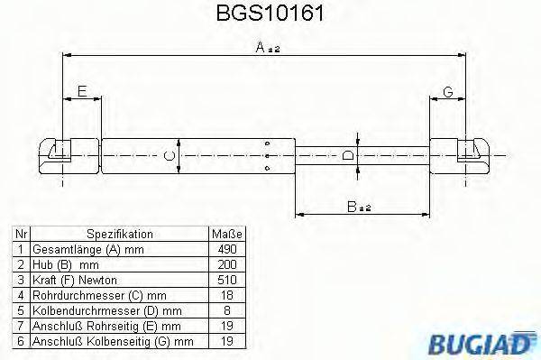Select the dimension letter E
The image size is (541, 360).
[82, 91]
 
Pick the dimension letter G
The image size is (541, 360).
[447, 91]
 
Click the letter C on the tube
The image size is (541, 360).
[168, 156]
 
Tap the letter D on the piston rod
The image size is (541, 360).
[348, 156]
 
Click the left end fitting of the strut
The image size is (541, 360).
[58, 155]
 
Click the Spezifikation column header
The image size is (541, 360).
[119, 233]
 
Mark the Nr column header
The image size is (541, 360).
[20, 233]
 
